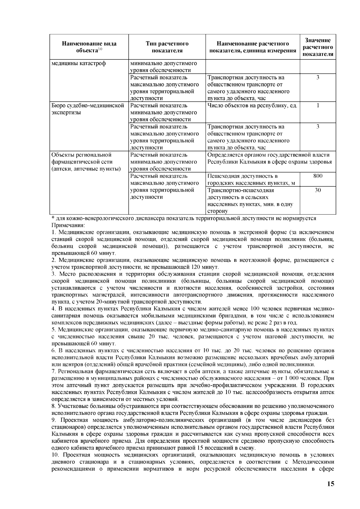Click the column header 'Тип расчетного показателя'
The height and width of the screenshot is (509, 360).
pyautogui.click(x=167, y=47)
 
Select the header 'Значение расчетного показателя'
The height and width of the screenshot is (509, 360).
pyautogui.click(x=318, y=47)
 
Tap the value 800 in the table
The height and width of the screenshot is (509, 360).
pyautogui.click(x=318, y=176)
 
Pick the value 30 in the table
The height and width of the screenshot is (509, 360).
pyautogui.click(x=318, y=190)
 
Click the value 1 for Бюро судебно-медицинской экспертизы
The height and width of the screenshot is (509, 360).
pyautogui.click(x=318, y=105)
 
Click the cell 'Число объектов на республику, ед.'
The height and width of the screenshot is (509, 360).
pyautogui.click(x=252, y=106)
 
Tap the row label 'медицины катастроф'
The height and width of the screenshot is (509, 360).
pyautogui.click(x=79, y=63)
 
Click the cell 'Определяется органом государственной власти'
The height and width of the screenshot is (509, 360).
pyautogui.click(x=268, y=155)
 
